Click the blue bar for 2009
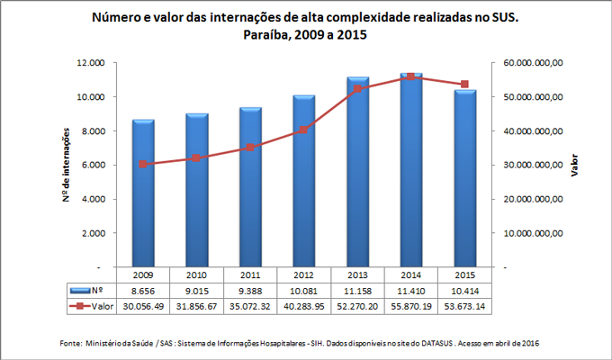(143, 193)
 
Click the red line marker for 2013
(357, 89)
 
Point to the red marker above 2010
(196, 158)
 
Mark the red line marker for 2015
(463, 85)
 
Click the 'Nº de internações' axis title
(67, 166)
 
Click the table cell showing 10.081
(303, 291)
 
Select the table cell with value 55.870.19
(410, 306)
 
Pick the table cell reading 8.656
(143, 291)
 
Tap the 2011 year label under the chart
(250, 274)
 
